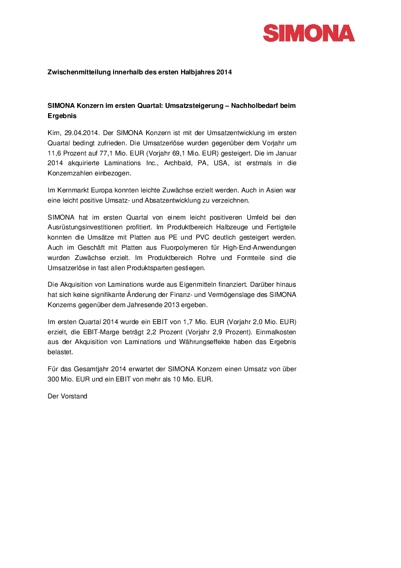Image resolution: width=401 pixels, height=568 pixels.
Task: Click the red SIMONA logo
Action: (x=309, y=33)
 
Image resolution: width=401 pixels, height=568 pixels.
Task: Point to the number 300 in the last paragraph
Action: (x=53, y=379)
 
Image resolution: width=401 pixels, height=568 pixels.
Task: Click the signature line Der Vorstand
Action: (x=67, y=396)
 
